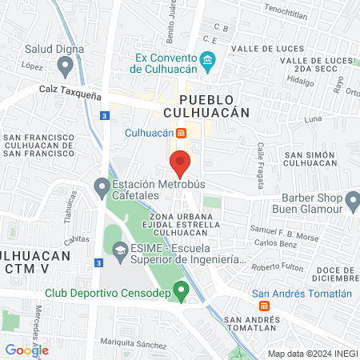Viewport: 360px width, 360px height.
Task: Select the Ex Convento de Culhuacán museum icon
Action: pos(207,61)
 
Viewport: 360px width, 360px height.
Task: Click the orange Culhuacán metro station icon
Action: pos(182,133)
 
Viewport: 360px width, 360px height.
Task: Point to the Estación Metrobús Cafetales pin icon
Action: pos(102,189)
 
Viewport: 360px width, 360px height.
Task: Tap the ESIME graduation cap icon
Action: pos(120,251)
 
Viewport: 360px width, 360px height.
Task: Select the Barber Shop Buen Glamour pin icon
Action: pos(353,199)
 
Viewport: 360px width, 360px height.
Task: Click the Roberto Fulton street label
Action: pos(276,266)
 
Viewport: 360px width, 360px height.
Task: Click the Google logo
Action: pos(26,350)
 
